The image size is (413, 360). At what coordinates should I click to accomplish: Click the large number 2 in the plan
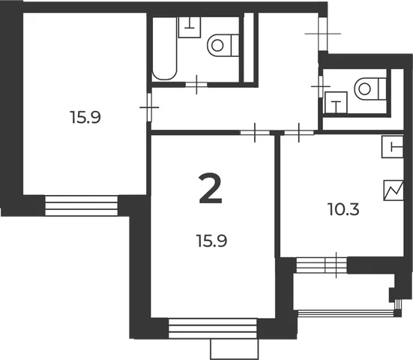(x=211, y=189)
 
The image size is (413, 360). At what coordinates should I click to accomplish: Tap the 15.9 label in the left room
(x=85, y=117)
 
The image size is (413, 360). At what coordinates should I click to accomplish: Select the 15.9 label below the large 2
(x=211, y=241)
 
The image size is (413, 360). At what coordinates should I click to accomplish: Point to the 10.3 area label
(x=344, y=209)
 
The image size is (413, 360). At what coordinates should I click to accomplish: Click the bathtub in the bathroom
(x=164, y=49)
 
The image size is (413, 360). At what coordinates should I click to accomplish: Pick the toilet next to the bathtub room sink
(x=223, y=45)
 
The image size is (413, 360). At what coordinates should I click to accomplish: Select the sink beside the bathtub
(x=190, y=27)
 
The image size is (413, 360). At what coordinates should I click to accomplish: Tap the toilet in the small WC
(x=370, y=88)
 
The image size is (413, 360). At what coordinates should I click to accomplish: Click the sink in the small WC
(x=336, y=103)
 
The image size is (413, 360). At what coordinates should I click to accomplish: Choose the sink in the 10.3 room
(x=393, y=147)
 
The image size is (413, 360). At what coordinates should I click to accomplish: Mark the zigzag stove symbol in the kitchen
(x=394, y=190)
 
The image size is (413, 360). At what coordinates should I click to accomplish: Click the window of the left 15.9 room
(x=82, y=205)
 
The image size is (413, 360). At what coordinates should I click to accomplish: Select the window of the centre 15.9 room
(x=213, y=328)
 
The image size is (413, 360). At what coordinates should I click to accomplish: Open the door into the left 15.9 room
(x=149, y=107)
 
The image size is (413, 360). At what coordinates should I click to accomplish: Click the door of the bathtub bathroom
(x=196, y=85)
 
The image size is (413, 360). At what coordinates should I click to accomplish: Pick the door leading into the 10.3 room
(x=298, y=133)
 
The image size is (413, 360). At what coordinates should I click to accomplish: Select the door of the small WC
(x=321, y=86)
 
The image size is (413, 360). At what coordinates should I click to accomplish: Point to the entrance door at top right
(x=322, y=34)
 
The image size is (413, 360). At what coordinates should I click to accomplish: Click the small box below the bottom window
(x=235, y=349)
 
